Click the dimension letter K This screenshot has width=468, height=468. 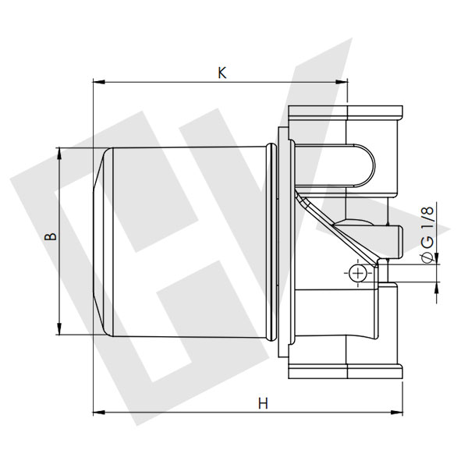coord(222,73)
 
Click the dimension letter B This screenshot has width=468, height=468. coord(48,236)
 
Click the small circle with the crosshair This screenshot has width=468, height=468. coord(357,272)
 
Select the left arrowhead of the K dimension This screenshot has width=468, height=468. coord(97,80)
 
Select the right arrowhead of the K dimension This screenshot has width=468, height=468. coord(346,80)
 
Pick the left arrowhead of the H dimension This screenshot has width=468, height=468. coord(97,411)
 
